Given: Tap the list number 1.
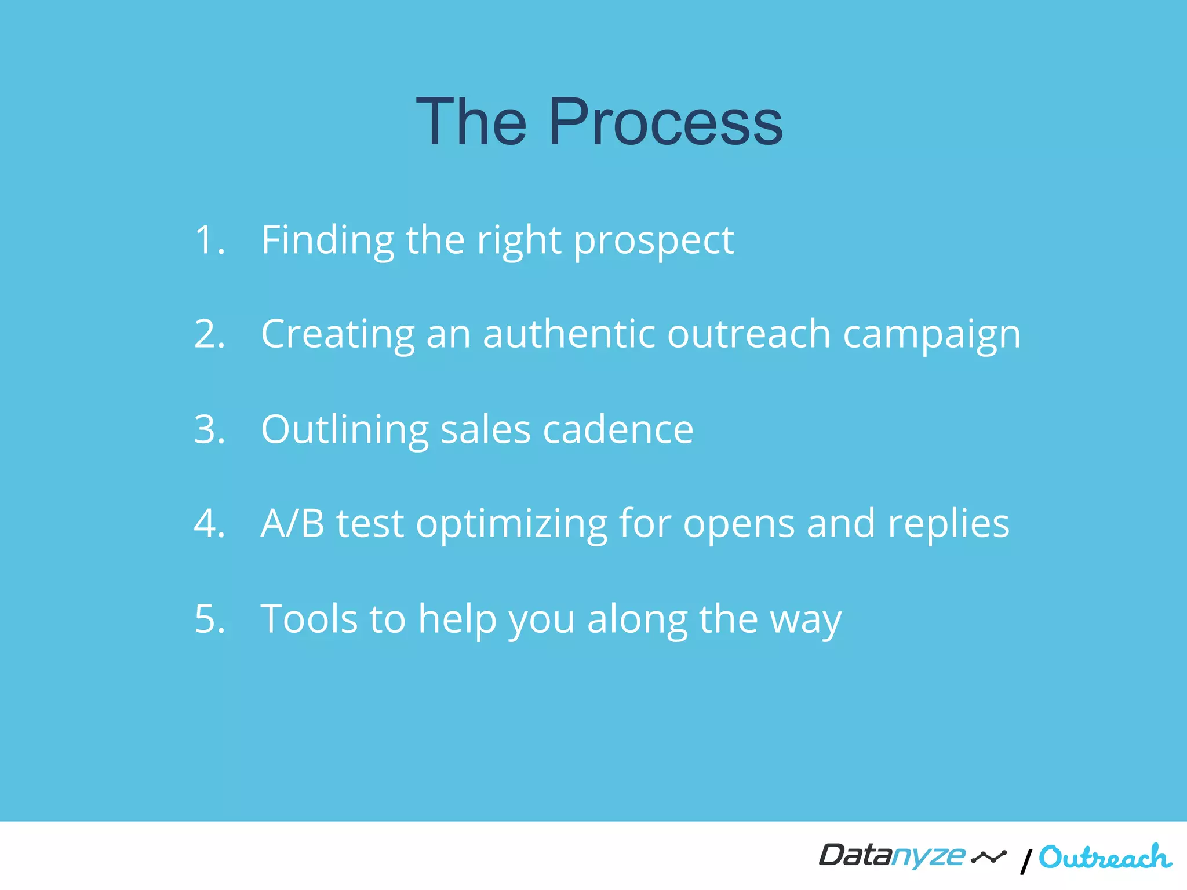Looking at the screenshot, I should coord(207,240).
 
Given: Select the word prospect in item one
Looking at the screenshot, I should coord(654,241).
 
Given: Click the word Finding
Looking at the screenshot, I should coord(327,240).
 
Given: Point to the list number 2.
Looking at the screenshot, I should coord(209,334).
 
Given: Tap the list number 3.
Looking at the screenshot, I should coord(209,430).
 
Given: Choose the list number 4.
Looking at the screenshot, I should coord(209,524).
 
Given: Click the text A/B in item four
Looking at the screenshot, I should coord(292,524).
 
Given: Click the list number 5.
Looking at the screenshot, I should coord(209,619).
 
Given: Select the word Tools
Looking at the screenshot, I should coord(309,619).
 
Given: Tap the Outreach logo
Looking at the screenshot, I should coord(1105,858).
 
